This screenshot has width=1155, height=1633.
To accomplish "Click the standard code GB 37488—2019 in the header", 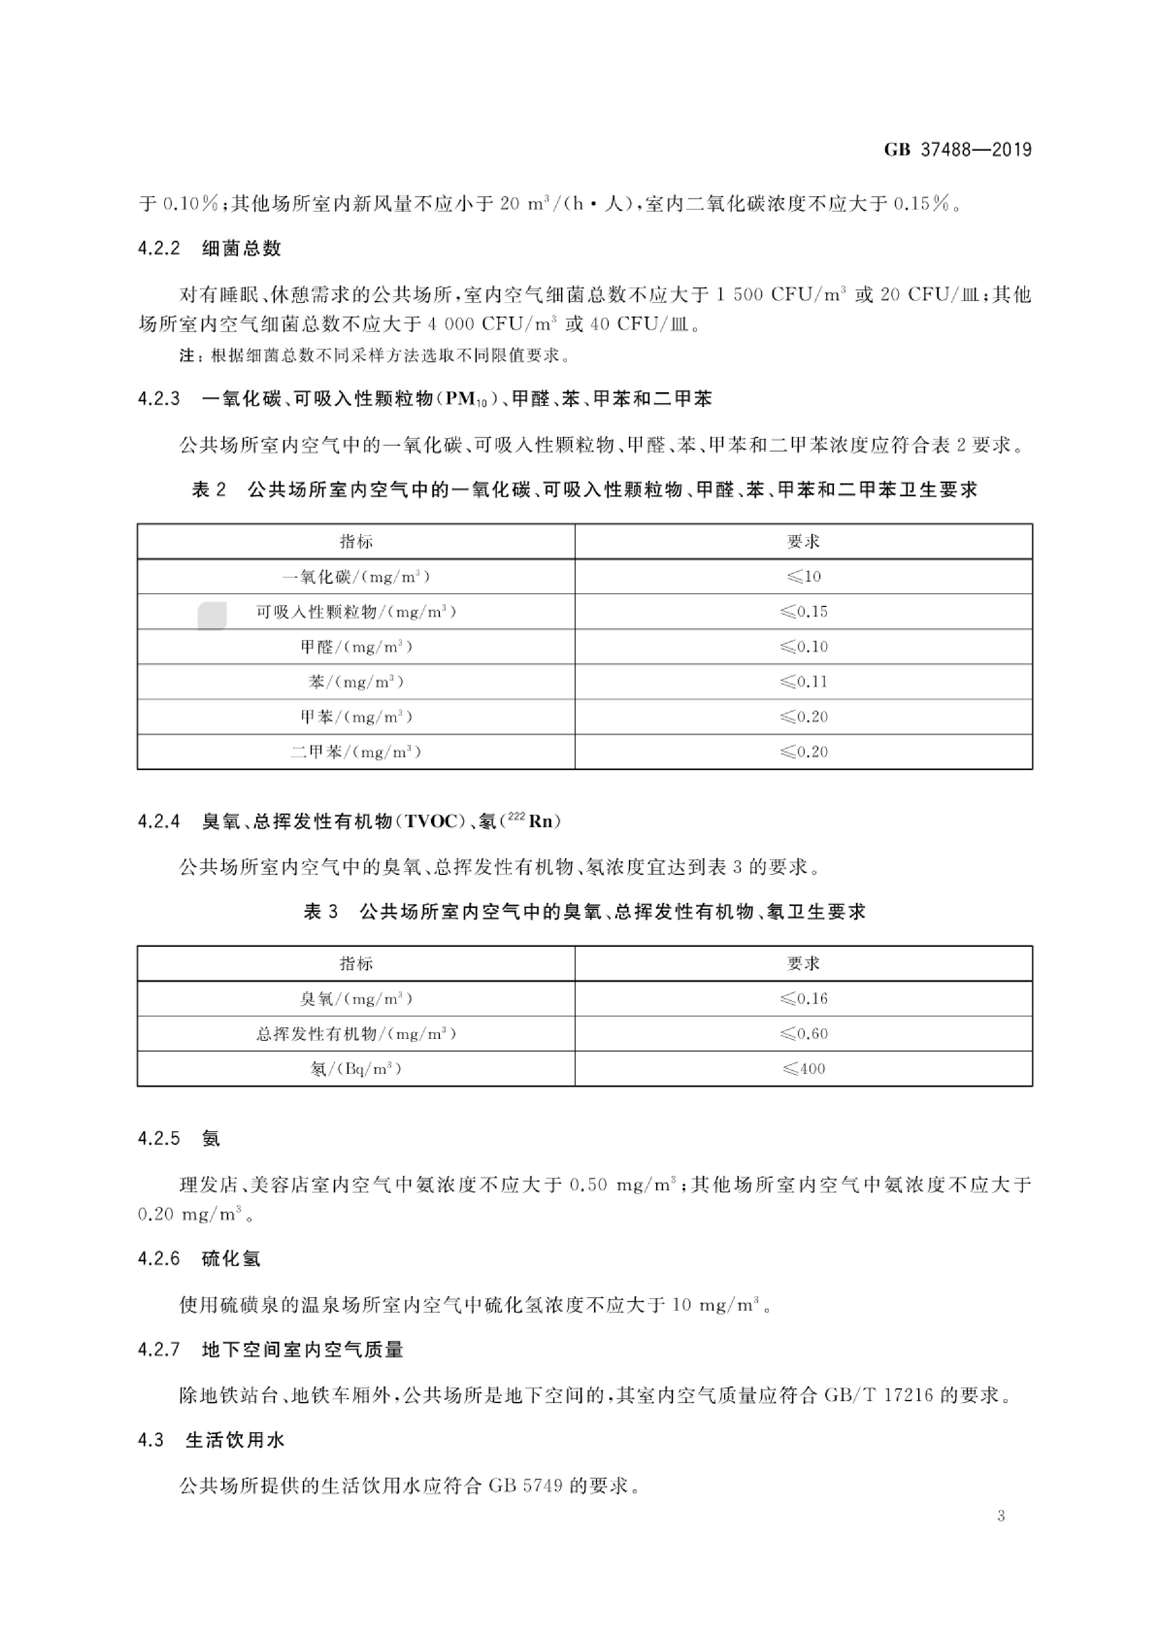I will click(x=957, y=150).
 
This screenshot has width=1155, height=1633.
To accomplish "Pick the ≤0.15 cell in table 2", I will click(x=804, y=612).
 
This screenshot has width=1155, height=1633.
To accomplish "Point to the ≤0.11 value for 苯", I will click(x=804, y=682).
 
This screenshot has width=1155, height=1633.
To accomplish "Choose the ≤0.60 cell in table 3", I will click(x=804, y=1034).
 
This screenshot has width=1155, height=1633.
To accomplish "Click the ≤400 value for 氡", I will click(x=804, y=1069).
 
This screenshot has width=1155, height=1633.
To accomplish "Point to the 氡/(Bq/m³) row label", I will click(x=356, y=1069).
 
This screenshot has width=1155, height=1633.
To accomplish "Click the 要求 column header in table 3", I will click(x=804, y=964).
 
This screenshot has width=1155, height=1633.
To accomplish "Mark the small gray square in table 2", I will click(x=212, y=616).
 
